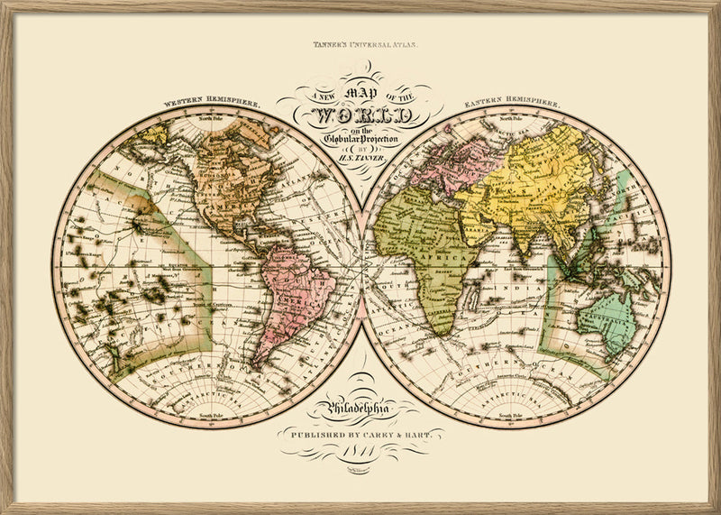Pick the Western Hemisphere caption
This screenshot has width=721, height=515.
(x=213, y=103)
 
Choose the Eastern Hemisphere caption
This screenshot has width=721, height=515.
(x=511, y=103)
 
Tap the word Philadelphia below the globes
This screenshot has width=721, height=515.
(x=361, y=411)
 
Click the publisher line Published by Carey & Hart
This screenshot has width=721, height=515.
(x=361, y=434)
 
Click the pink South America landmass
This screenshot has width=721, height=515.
(x=293, y=289)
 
